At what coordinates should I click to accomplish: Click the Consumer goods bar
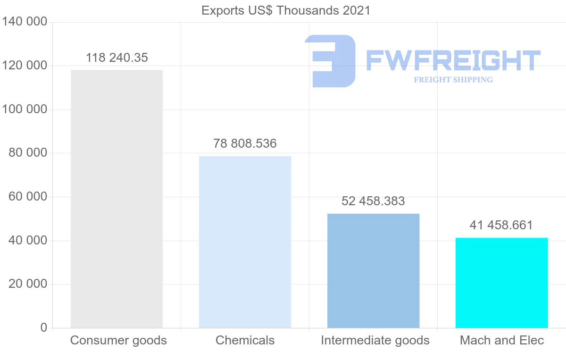coord(117,199)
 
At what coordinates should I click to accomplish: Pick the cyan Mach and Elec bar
coord(501,283)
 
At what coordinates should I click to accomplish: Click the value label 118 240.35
coord(117,58)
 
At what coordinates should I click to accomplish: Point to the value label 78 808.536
coord(245,143)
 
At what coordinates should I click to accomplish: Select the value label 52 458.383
coord(373,201)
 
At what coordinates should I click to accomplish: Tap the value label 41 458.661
coord(501,225)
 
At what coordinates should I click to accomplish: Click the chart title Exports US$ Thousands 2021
coord(286,10)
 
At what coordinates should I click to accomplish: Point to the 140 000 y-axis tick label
coord(25,22)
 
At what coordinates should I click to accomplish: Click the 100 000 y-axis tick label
coord(25,109)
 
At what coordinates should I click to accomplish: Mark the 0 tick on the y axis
coord(43,327)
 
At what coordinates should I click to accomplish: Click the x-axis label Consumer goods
coord(118,340)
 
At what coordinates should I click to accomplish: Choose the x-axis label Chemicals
coord(245,340)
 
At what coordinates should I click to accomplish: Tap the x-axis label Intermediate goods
coord(375,340)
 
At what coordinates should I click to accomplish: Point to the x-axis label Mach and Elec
coord(502,340)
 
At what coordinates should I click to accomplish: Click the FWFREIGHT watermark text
coord(453,60)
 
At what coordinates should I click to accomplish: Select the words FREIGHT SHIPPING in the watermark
coord(453,80)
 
